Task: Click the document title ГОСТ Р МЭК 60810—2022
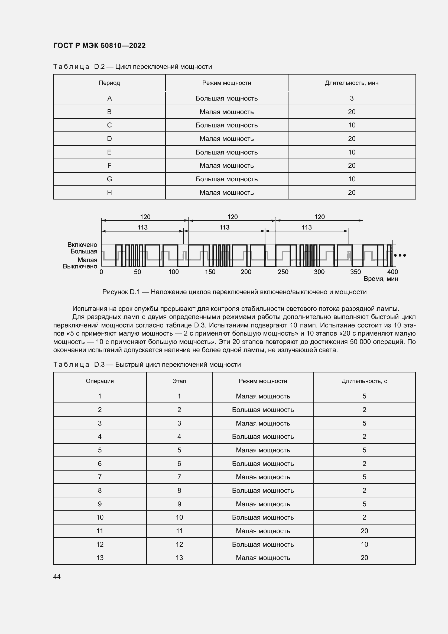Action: point(99,46)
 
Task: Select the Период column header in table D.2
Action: point(109,83)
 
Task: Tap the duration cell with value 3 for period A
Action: point(352,98)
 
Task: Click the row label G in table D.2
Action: point(109,179)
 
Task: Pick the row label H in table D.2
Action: point(109,192)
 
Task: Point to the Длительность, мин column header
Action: point(352,83)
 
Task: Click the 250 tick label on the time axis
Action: point(283,272)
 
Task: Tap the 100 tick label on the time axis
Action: point(173,272)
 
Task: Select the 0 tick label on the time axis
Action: point(101,272)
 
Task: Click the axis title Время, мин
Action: point(381,279)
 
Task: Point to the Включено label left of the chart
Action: point(82,245)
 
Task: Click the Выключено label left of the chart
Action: point(80,266)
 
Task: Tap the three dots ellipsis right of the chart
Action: point(400,255)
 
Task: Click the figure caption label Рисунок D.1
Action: point(121,292)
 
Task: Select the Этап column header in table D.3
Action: point(179,381)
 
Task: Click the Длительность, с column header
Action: point(364,381)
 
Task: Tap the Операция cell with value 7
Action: point(100,477)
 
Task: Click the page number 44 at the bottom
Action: point(57,577)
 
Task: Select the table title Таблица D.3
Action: point(79,365)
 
